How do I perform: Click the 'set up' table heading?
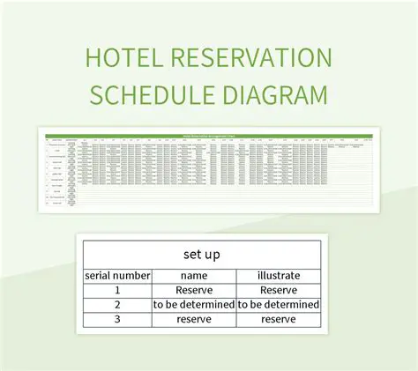[x=201, y=254]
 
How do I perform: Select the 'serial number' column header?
[x=117, y=275]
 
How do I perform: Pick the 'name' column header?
[x=193, y=275]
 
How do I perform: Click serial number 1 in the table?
[x=117, y=290]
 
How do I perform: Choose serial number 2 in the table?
[x=117, y=305]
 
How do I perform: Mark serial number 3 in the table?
[x=117, y=319]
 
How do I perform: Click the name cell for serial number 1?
[x=193, y=290]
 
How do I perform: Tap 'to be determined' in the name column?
[x=193, y=305]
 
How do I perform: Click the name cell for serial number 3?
[x=193, y=319]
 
